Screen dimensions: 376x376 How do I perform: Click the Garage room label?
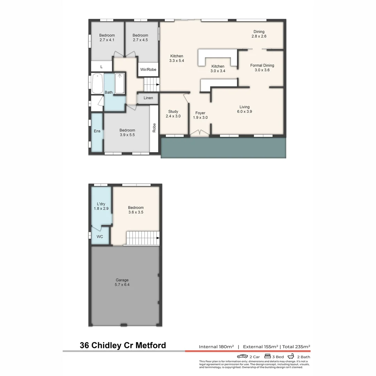(x=122, y=282)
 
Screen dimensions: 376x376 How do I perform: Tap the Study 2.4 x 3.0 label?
(x=173, y=114)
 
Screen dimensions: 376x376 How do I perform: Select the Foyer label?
(x=200, y=113)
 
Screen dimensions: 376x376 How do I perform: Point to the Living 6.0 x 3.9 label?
(x=244, y=109)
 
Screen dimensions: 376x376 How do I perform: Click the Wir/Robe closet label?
(x=148, y=70)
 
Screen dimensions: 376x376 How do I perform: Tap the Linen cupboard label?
(x=148, y=98)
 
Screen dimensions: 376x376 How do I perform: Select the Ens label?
(x=97, y=131)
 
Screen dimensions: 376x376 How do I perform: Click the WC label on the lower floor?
(x=100, y=237)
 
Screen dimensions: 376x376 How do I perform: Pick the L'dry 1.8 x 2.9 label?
(x=101, y=206)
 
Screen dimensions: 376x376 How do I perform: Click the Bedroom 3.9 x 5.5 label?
(x=127, y=133)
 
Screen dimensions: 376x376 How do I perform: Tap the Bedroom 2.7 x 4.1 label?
(x=107, y=38)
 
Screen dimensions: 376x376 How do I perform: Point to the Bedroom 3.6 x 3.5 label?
(x=135, y=210)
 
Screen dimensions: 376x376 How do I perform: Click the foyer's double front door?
(x=200, y=133)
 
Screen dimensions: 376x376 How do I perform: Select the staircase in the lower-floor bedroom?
(x=142, y=238)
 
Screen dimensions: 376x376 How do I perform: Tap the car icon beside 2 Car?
(x=242, y=356)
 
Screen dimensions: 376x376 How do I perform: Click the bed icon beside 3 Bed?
(x=268, y=356)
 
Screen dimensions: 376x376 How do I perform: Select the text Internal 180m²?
(x=216, y=347)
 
